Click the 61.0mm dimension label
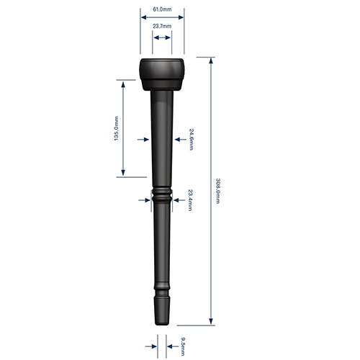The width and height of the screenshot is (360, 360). [x=162, y=9]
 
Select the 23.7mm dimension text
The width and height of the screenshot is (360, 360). [x=162, y=26]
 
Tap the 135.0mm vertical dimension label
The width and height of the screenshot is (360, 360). [x=116, y=127]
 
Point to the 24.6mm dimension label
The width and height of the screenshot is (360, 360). [x=191, y=138]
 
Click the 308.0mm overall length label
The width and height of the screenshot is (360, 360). [x=217, y=190]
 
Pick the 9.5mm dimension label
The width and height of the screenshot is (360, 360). [x=183, y=346]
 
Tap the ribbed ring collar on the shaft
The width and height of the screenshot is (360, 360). [x=161, y=195]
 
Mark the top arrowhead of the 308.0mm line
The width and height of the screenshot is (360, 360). [x=211, y=62]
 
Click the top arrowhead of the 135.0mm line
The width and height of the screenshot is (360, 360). [x=124, y=82]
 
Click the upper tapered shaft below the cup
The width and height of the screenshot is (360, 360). [x=161, y=130]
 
